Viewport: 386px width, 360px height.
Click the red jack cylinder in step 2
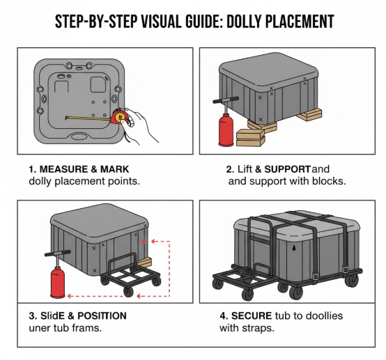tap(226, 130)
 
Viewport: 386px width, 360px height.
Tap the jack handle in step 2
tap(226, 100)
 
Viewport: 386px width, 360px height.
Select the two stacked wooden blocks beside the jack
tap(250, 138)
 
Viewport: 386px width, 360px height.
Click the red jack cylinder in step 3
tap(58, 283)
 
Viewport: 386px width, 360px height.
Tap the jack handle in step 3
tap(57, 253)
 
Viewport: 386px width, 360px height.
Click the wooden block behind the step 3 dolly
tap(145, 262)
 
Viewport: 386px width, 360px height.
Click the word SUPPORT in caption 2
tap(287, 169)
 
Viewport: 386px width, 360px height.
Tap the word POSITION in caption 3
tap(102, 315)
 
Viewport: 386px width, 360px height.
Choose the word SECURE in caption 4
tap(252, 315)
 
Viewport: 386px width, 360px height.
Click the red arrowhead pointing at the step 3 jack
tap(70, 296)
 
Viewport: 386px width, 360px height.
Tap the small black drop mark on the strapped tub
tap(294, 248)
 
